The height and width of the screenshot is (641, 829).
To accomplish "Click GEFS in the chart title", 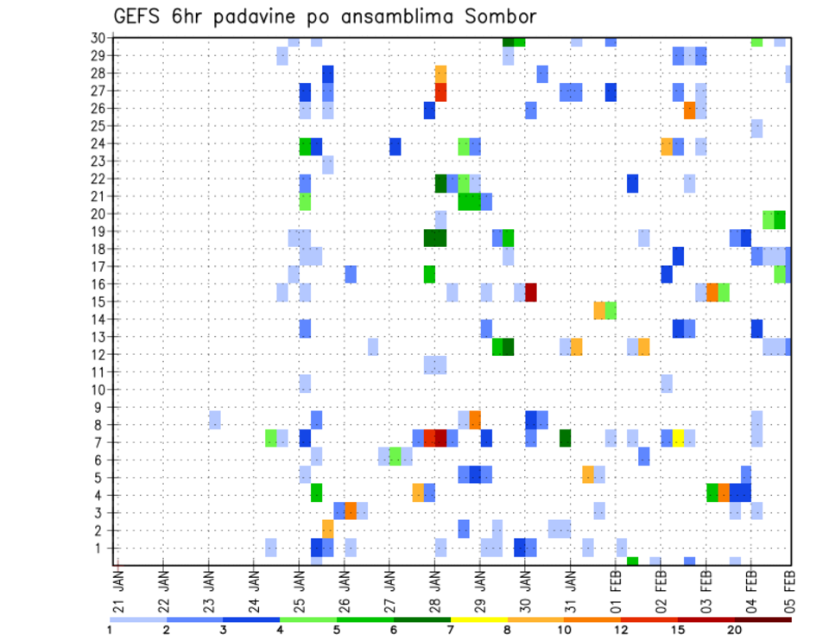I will tap(139, 16).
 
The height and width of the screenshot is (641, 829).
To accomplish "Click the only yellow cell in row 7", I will tap(678, 438).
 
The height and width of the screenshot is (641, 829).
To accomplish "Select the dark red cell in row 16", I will tap(531, 292).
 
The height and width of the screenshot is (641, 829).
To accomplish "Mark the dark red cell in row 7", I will tap(440, 438).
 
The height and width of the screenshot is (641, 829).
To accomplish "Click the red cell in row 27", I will tap(440, 92).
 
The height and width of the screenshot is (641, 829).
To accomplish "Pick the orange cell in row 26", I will tap(689, 110).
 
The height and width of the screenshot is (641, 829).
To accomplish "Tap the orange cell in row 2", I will tap(327, 528).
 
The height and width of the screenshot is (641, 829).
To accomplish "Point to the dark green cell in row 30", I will tap(509, 41).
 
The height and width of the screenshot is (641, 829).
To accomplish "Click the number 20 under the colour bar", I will tap(734, 629).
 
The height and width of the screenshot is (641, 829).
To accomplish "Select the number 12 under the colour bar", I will tap(621, 629).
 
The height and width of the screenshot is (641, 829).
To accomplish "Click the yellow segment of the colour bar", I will tap(478, 619).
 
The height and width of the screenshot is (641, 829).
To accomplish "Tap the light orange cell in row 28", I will tap(440, 73).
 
